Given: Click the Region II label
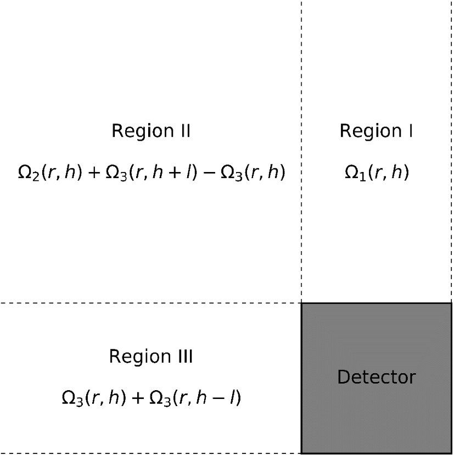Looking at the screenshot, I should pos(151,131).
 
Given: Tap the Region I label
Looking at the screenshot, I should pos(377,131).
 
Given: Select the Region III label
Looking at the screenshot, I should pos(151,357).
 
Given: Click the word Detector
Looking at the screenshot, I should pos(377,378).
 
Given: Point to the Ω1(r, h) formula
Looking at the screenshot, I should pos(377,174).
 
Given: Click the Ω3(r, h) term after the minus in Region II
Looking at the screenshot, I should pos(252,174).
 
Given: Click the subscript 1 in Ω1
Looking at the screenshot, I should pos(362,177).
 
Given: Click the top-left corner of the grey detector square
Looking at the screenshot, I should pos(301,303).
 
